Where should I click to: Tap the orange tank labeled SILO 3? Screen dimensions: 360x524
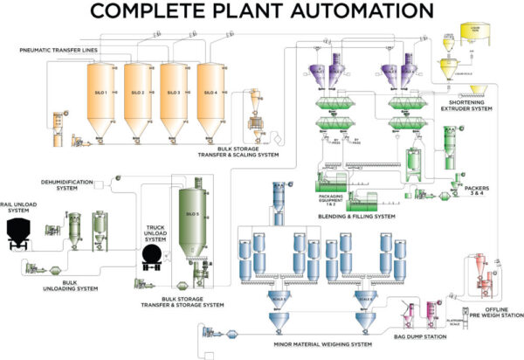point(173,93)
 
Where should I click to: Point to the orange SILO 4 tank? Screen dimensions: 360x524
point(208,93)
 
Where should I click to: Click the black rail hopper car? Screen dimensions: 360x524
point(20,232)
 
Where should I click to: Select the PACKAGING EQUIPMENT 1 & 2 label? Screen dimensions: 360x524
point(328,198)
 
